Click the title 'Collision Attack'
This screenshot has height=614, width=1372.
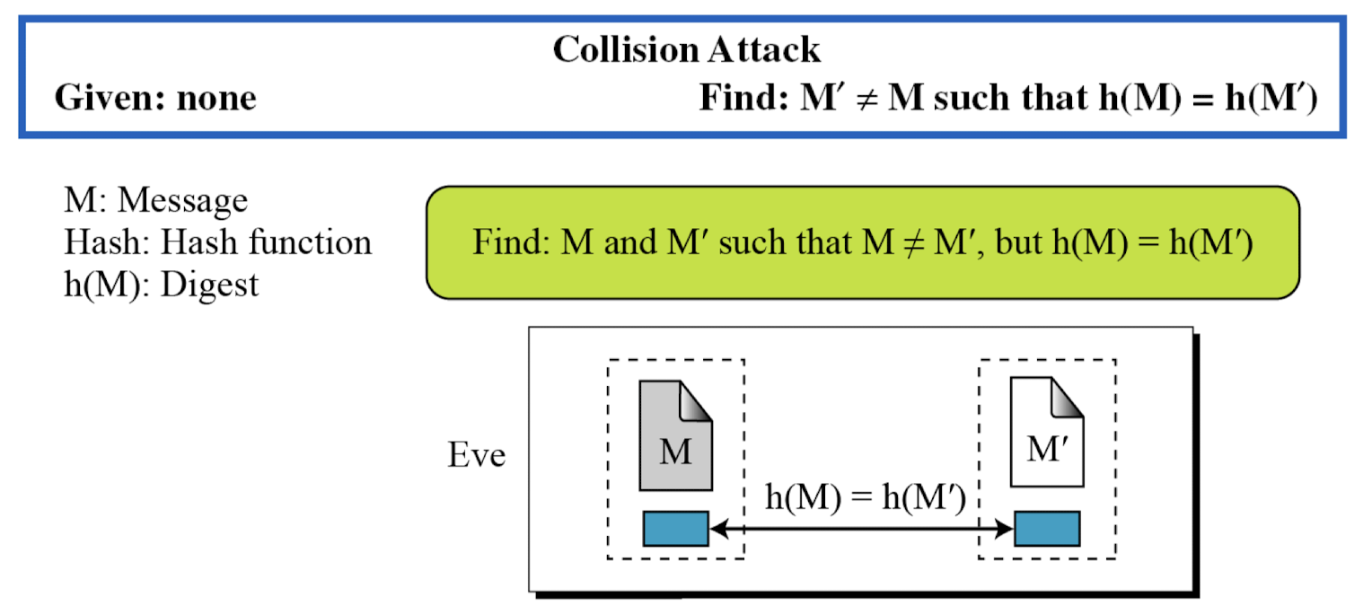coord(686,50)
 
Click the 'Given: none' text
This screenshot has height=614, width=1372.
coord(155,98)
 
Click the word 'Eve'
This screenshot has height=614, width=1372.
coord(477,455)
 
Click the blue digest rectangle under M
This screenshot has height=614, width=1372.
coord(676,529)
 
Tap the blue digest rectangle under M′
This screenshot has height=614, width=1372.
coord(1047,529)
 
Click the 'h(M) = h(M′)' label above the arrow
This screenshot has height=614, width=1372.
coord(865,499)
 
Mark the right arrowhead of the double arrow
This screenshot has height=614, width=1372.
coord(1007,530)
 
